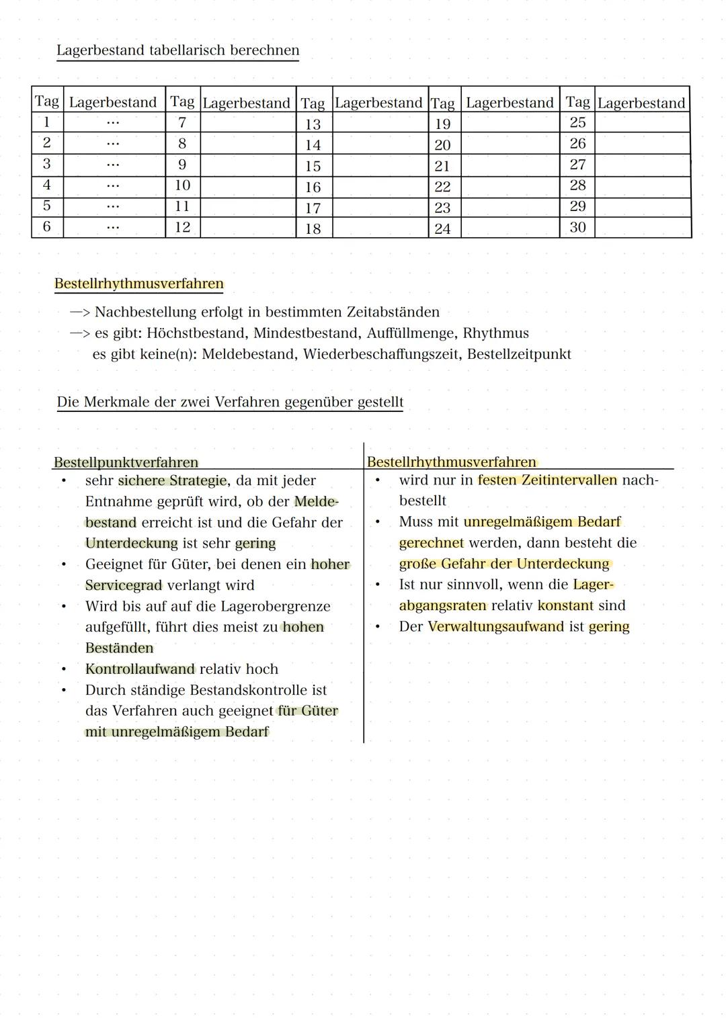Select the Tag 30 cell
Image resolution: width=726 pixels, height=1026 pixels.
(x=577, y=228)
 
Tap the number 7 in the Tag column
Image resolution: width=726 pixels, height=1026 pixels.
(x=182, y=122)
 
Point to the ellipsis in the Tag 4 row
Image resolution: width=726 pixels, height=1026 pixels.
(x=113, y=185)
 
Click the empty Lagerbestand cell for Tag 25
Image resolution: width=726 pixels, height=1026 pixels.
(x=642, y=122)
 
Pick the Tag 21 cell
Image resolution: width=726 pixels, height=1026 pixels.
(x=442, y=166)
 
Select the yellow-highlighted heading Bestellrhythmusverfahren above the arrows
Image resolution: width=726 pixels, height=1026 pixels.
(x=138, y=284)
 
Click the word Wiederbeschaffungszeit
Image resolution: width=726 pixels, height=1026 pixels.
(x=380, y=354)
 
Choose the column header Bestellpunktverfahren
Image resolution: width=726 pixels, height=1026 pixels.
(x=126, y=462)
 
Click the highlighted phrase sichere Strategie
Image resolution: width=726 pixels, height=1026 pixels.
(x=172, y=480)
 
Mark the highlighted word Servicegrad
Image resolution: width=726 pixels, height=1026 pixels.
(x=124, y=585)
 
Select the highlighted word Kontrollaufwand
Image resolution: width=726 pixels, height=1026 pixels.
(x=140, y=669)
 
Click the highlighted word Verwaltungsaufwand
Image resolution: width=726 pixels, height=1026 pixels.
(x=495, y=627)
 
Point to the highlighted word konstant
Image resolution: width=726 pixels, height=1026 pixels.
(x=565, y=605)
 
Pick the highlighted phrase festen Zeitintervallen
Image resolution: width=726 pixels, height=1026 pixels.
(x=547, y=480)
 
